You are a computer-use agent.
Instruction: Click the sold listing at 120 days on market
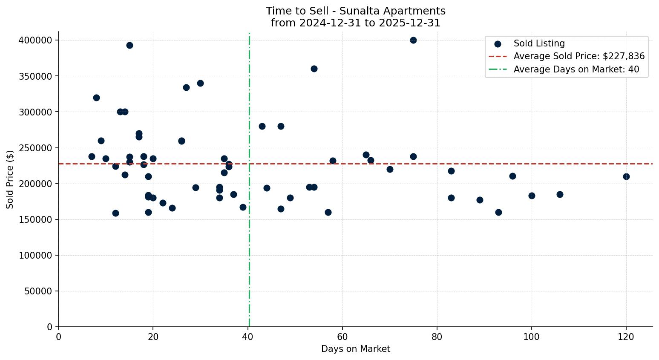626,176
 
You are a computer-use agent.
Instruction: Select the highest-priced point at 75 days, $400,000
413,40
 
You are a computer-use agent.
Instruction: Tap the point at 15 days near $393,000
129,45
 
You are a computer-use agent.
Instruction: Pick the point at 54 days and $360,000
314,69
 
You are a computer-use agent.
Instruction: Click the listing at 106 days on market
560,194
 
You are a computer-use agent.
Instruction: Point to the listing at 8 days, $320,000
96,98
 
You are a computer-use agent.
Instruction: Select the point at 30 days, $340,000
200,83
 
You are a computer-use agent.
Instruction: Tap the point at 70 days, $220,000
390,169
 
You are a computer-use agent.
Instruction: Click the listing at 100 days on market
532,196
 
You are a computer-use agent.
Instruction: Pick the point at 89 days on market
480,200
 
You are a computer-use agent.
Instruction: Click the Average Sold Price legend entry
579,56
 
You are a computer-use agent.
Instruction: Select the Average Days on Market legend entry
576,69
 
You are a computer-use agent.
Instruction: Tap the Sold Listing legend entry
539,43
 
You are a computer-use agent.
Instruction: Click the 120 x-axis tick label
626,337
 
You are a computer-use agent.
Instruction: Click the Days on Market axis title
355,349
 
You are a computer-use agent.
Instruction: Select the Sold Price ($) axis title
10,179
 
